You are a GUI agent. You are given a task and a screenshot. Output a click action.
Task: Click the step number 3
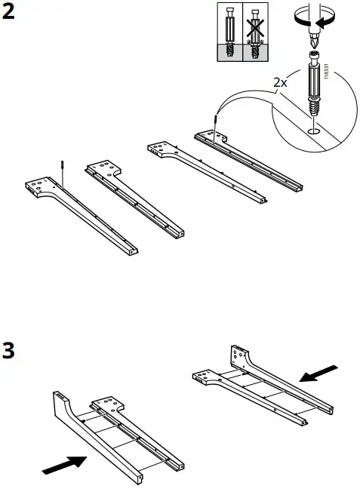click(x=10, y=352)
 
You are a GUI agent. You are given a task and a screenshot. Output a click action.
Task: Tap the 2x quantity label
click(x=280, y=83)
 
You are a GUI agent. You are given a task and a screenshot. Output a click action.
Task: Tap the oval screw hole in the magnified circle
click(x=312, y=129)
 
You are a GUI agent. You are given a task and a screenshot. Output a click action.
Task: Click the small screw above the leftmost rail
click(x=59, y=168)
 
